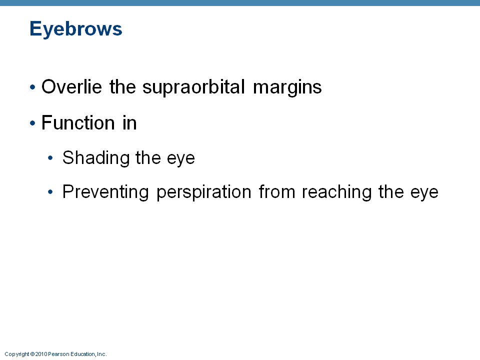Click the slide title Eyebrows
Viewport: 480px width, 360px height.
click(76, 29)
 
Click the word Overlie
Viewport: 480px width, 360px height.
click(71, 86)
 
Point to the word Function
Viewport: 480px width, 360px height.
click(78, 123)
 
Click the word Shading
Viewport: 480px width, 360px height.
click(96, 158)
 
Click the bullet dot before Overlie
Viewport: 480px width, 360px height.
click(33, 87)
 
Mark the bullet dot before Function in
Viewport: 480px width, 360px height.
click(33, 123)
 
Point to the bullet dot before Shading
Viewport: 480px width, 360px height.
click(50, 158)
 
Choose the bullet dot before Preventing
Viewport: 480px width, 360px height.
click(50, 192)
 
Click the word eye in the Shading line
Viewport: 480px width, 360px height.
click(181, 159)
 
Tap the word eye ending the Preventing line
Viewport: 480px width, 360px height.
click(424, 193)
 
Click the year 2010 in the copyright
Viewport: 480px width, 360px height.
click(41, 354)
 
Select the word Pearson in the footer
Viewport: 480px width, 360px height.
click(59, 354)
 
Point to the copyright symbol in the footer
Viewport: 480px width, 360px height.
click(32, 354)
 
